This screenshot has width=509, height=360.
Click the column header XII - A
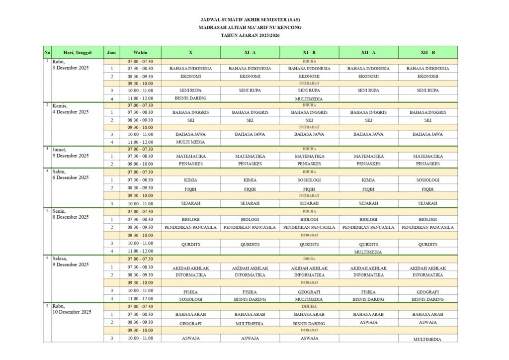368,52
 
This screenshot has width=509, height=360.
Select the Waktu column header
140,52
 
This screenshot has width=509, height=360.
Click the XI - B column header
309,52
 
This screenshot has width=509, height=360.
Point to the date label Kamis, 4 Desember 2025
71,108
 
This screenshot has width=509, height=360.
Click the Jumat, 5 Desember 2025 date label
71,152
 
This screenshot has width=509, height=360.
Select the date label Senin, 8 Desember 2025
71,214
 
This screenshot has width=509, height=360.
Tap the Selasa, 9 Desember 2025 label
71,262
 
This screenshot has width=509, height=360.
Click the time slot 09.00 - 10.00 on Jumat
140,164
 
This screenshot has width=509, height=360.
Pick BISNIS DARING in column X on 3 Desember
190,98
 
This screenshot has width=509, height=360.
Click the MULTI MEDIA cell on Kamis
190,142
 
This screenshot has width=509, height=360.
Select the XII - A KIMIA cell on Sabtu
368,180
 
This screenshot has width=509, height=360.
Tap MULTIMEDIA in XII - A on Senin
368,252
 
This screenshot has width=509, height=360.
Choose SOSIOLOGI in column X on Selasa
190,299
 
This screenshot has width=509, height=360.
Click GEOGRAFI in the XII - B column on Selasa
427,292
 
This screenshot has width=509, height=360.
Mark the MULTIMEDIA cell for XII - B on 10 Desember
427,339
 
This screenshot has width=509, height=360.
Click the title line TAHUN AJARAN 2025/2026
254,36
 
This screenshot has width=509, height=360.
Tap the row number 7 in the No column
47,305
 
